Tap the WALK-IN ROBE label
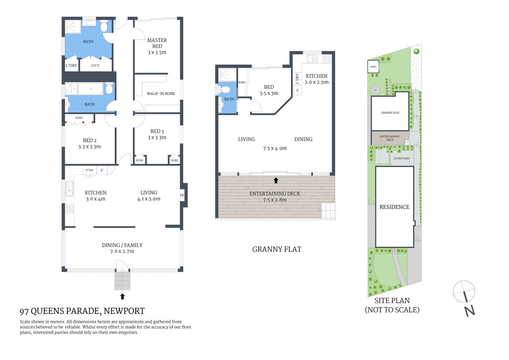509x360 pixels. [x=161, y=94]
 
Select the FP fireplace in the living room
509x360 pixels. [x=183, y=195]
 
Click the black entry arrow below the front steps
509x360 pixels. [x=122, y=297]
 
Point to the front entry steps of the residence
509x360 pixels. [x=122, y=281]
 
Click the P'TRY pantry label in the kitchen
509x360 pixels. [x=90, y=170]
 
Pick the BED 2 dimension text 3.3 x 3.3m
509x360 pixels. [x=90, y=147]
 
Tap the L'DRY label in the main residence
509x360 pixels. [x=71, y=66]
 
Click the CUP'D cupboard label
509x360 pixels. [x=95, y=66]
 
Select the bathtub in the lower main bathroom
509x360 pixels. [x=91, y=89]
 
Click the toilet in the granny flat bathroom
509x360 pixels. [x=226, y=90]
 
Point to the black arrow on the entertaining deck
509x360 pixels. [x=276, y=180]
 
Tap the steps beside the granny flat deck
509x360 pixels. [x=328, y=210]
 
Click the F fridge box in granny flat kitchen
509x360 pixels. [x=298, y=90]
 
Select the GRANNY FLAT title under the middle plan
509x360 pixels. [x=277, y=249]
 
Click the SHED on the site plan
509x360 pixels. [x=373, y=67]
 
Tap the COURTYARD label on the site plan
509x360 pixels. [x=401, y=159]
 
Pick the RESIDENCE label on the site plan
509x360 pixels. [x=394, y=207]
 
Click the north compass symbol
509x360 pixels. [x=464, y=292]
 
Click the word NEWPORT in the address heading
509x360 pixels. [x=124, y=311]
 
